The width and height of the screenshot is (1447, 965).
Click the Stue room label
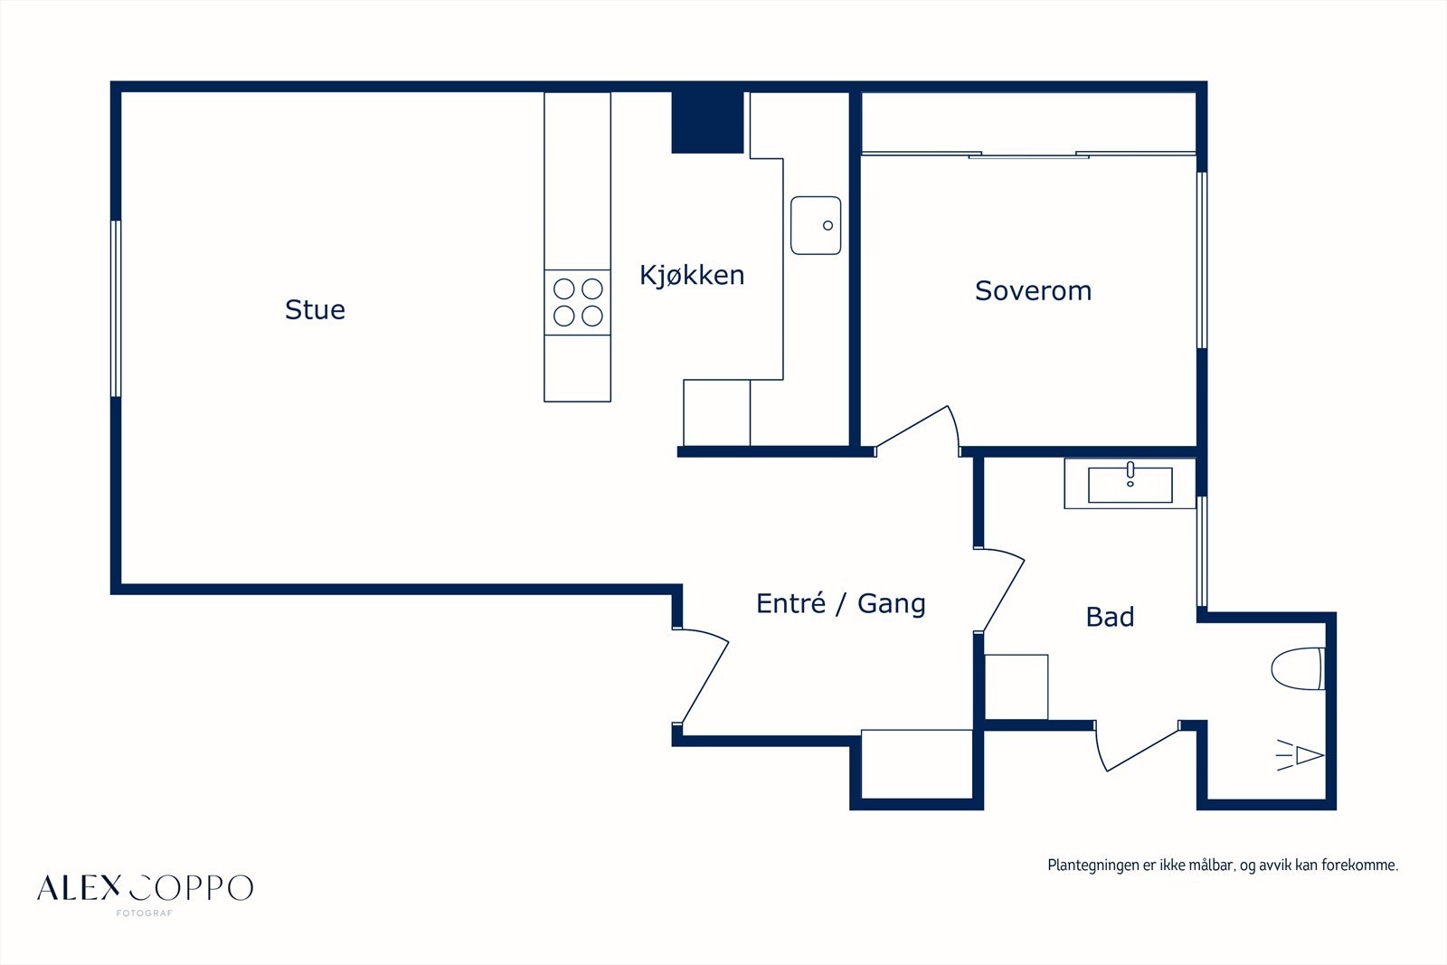pyautogui.click(x=316, y=309)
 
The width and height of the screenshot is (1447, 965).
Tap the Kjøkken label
pyautogui.click(x=692, y=276)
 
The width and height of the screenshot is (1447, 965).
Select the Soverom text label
pyautogui.click(x=1033, y=290)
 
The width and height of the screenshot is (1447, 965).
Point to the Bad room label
pyautogui.click(x=1110, y=617)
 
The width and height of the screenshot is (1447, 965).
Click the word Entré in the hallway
pyautogui.click(x=790, y=602)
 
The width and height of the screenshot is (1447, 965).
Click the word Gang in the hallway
pyautogui.click(x=892, y=604)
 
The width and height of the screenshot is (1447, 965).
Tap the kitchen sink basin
pyautogui.click(x=816, y=225)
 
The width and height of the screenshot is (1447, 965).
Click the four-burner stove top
pyautogui.click(x=578, y=302)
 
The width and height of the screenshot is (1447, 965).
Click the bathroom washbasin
pyautogui.click(x=1130, y=485)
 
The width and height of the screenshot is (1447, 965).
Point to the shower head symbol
pyautogui.click(x=1300, y=755)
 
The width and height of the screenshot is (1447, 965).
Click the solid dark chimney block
pyautogui.click(x=707, y=123)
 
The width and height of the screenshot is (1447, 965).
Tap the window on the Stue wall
pyautogui.click(x=116, y=308)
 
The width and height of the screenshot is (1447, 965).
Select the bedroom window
pyautogui.click(x=1202, y=260)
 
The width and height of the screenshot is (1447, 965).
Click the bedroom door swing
pyautogui.click(x=917, y=429)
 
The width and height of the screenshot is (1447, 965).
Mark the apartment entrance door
pyautogui.click(x=701, y=676)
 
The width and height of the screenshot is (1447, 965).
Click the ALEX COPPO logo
pyautogui.click(x=146, y=888)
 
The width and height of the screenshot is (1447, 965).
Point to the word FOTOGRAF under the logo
pyautogui.click(x=144, y=913)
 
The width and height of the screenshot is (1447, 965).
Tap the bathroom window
pyautogui.click(x=1202, y=551)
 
